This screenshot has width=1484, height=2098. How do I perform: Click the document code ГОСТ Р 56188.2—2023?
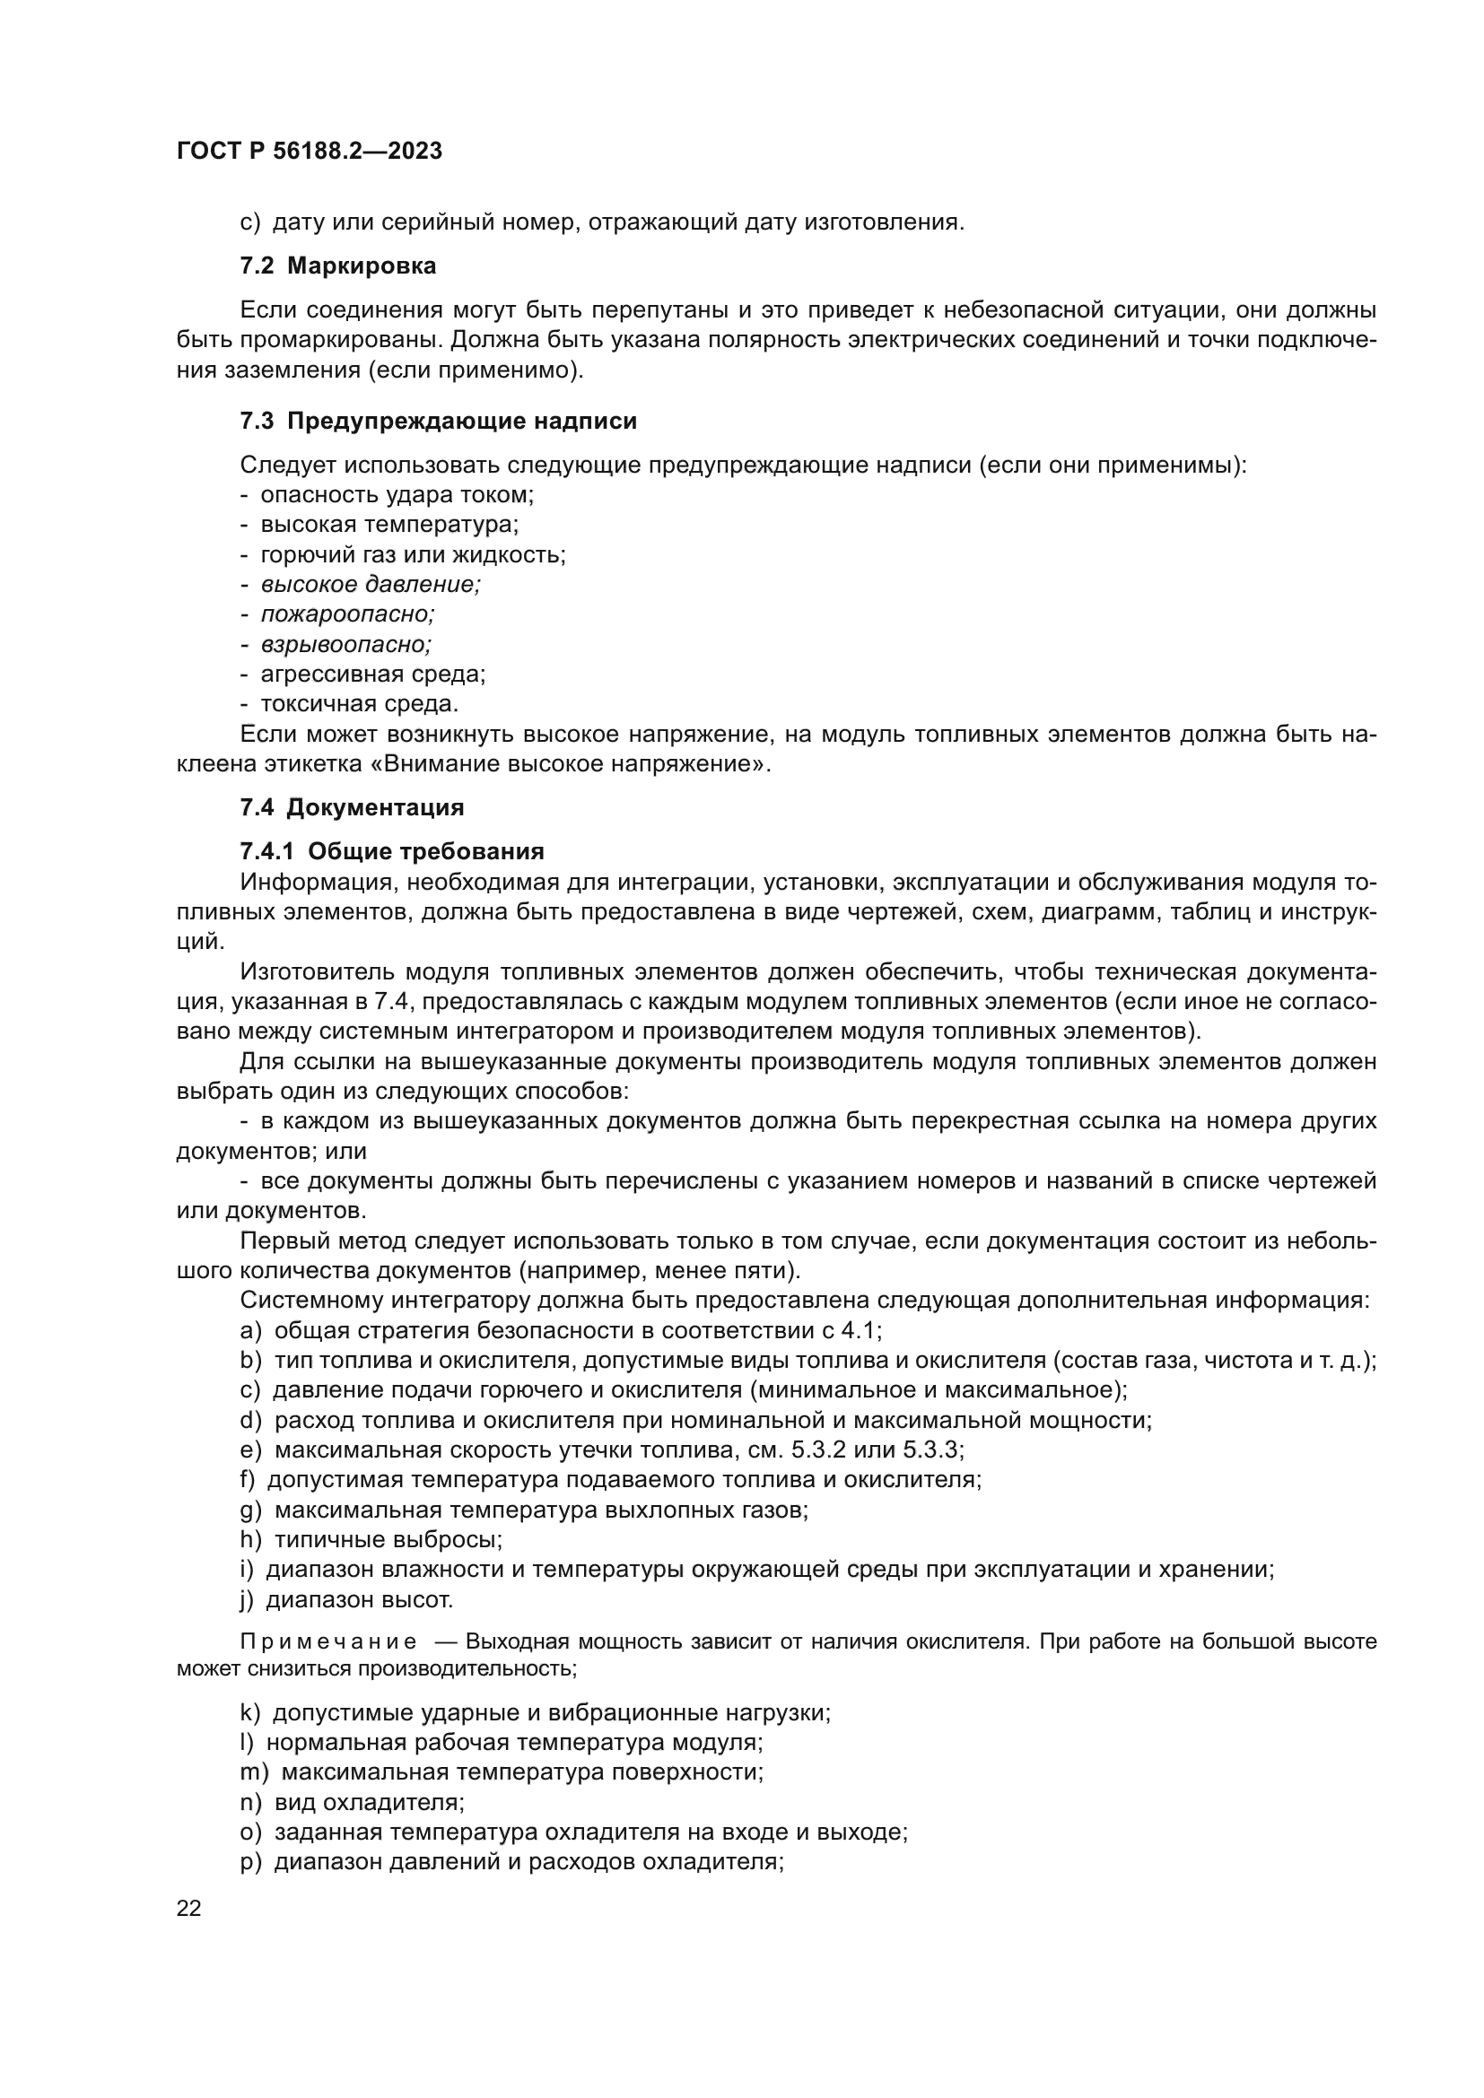click(x=309, y=151)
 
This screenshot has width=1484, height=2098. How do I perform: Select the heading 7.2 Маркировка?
click(x=337, y=266)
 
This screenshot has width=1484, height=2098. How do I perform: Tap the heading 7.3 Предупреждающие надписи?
click(x=438, y=422)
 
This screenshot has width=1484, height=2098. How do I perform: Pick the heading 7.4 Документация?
click(x=352, y=808)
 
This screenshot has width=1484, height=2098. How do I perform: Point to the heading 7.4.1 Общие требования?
click(x=391, y=851)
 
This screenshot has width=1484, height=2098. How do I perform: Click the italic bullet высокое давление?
click(x=370, y=585)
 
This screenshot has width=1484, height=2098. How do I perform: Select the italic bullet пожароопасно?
click(x=347, y=614)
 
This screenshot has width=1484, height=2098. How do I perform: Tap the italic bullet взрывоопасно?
click(x=345, y=644)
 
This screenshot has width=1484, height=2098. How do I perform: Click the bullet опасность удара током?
click(x=397, y=495)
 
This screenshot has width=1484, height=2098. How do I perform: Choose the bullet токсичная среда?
click(x=359, y=704)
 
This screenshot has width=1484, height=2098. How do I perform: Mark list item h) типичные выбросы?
click(x=371, y=1540)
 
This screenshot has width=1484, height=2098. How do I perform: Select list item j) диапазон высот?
click(x=346, y=1600)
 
